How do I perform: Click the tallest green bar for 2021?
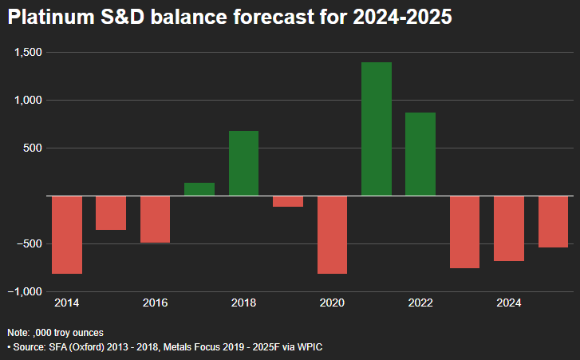click(377, 129)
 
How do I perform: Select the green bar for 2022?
click(420, 154)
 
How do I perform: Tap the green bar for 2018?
click(243, 163)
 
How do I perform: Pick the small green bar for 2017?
click(199, 189)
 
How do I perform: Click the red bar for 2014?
click(67, 235)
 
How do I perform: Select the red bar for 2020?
click(332, 235)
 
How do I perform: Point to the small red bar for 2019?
click(288, 201)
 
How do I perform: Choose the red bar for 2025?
click(553, 221)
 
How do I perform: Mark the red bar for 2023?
click(464, 231)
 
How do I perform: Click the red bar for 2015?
click(111, 212)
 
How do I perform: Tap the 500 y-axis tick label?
click(34, 148)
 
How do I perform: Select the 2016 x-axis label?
click(155, 303)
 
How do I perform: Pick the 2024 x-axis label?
click(509, 303)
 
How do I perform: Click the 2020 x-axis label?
click(332, 303)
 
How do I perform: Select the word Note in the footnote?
click(17, 332)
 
